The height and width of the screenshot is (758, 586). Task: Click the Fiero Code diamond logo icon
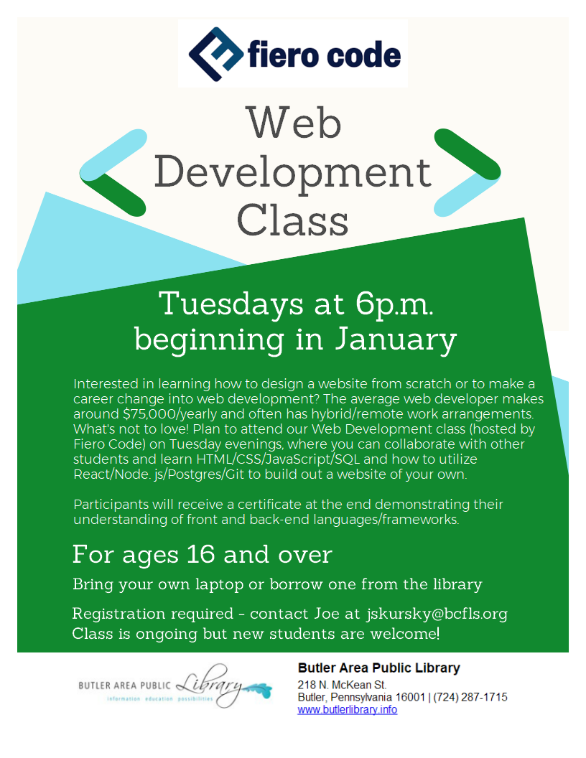[216, 54]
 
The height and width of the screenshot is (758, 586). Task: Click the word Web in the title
[294, 123]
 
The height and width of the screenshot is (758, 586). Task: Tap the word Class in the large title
[292, 220]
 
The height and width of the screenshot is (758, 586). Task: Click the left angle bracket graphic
[113, 172]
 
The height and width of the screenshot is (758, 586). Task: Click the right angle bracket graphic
[467, 172]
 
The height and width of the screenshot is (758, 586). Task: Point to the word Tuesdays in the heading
[231, 304]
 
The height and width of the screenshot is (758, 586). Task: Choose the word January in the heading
[396, 340]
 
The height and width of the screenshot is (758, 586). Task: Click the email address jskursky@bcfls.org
[437, 614]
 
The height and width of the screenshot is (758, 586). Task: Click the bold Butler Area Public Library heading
[379, 668]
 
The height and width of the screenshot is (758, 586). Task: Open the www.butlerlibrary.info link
[347, 710]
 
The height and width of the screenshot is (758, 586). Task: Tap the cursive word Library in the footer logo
[210, 684]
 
